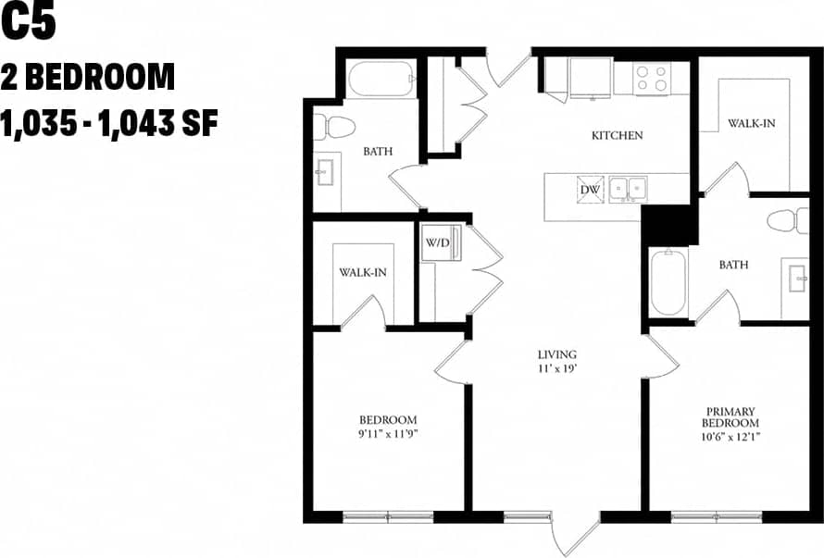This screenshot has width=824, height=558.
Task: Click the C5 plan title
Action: click(29, 23)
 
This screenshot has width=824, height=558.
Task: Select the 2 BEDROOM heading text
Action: click(88, 77)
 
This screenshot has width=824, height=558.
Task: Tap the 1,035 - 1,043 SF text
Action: click(109, 123)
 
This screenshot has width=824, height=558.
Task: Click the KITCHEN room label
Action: click(617, 136)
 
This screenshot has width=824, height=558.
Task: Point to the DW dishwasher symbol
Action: click(590, 189)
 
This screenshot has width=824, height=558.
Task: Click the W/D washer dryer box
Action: click(437, 244)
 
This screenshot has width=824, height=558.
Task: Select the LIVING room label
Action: click(557, 354)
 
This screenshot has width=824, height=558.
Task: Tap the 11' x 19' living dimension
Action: click(557, 368)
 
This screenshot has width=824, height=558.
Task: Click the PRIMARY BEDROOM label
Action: click(730, 417)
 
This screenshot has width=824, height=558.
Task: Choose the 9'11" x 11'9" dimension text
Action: click(387, 433)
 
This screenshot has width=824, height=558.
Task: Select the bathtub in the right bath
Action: click(668, 281)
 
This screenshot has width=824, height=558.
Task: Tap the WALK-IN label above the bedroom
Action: click(362, 272)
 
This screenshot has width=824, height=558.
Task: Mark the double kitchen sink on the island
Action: click(627, 189)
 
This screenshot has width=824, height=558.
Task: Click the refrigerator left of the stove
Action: click(590, 77)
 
